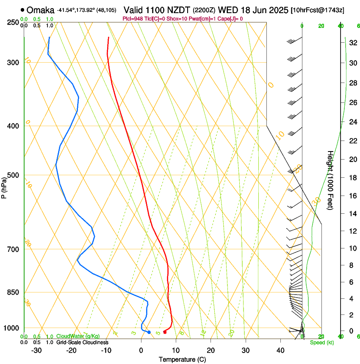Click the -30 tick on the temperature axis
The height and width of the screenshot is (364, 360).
36,350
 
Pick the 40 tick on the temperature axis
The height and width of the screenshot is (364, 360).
280,350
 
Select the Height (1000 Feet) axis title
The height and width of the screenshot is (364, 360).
330,180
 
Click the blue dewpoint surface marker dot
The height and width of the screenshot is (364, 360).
149,332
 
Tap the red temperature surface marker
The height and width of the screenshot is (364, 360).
165,332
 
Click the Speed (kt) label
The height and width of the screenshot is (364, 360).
321,342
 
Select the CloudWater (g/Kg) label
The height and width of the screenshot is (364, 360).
78,336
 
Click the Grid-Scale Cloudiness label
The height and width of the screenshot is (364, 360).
82,342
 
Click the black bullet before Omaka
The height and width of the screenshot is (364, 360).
22,9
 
